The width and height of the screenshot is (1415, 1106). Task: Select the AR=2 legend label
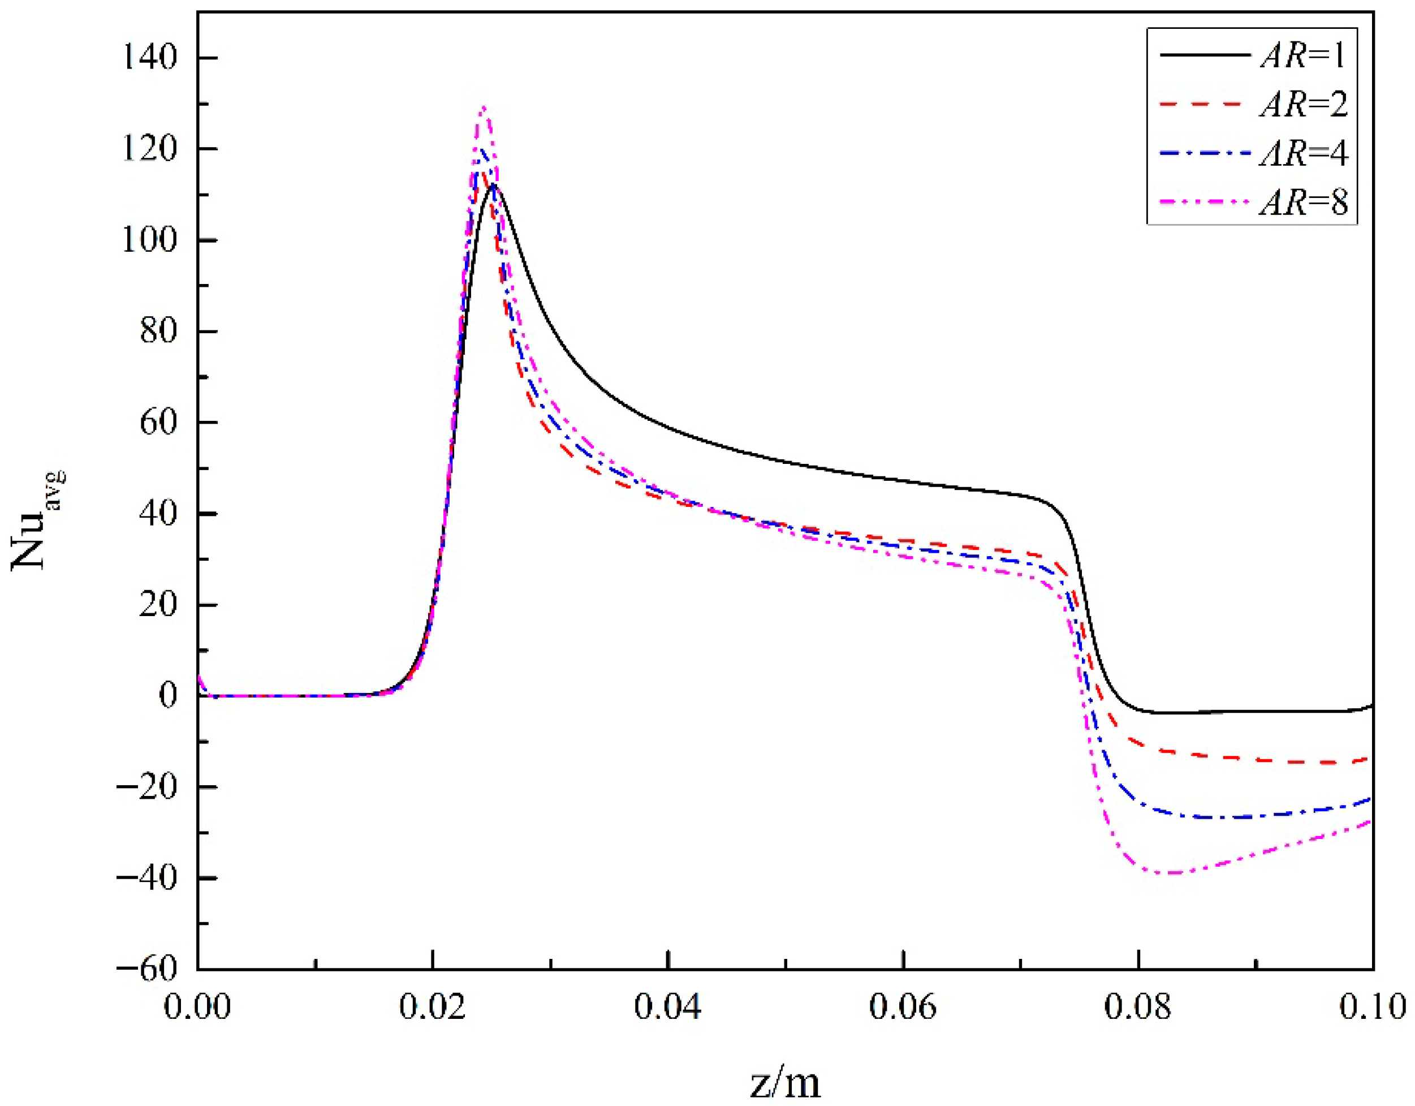coord(1303,104)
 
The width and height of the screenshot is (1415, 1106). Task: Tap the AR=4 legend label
coord(1303,153)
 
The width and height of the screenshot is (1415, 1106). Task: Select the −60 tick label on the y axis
coord(147,969)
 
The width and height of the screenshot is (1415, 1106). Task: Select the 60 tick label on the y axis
coord(159,423)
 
